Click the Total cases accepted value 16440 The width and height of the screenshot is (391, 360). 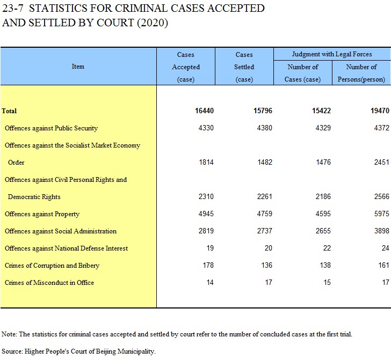point(204,111)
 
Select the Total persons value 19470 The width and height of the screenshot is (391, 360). point(380,111)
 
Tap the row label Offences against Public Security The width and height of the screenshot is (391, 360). point(51,128)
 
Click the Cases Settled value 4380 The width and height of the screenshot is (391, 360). point(265,128)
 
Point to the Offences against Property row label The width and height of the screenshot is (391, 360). point(42,214)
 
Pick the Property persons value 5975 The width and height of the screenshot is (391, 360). point(381,214)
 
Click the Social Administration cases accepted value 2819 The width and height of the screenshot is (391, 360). point(206,231)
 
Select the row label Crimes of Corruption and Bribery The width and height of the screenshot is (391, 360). point(52,266)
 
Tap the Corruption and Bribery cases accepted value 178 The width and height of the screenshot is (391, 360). point(208,266)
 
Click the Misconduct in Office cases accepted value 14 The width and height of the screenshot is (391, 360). point(210,283)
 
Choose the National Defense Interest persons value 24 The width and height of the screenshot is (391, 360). point(385,248)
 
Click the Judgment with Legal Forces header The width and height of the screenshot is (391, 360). point(332,54)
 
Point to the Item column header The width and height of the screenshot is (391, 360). point(78,67)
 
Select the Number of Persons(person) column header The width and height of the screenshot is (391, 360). point(361,73)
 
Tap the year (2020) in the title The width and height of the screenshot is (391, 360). point(153,23)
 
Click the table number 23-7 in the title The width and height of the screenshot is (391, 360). point(12,8)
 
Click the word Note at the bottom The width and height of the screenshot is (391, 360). point(9,334)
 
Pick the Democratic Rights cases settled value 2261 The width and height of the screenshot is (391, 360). point(265,196)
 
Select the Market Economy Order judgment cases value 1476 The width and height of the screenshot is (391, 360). point(323,162)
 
